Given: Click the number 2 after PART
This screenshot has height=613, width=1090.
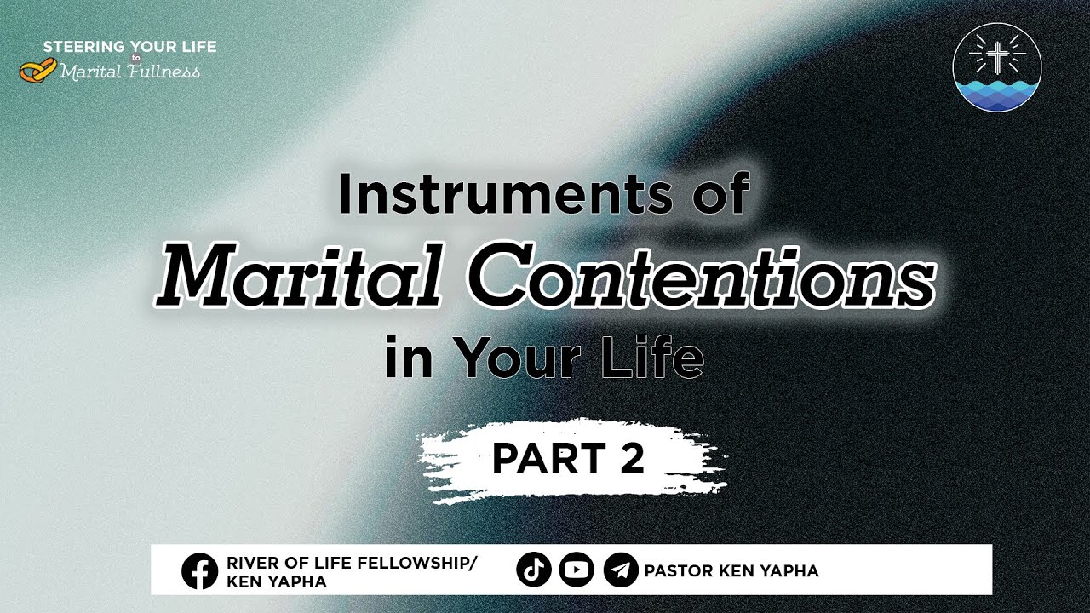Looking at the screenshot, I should coord(631,459).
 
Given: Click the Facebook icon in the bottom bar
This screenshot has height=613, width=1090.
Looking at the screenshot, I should coord(200,570).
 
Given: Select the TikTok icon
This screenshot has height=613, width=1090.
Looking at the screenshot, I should coord(534,570).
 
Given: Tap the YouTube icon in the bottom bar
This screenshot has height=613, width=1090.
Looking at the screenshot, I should coord(577,570).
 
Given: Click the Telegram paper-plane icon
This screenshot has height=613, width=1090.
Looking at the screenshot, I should coord(621,570).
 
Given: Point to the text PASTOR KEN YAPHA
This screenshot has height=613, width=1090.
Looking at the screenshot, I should coord(731,570).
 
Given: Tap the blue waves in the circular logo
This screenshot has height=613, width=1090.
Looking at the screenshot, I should coord(997,93).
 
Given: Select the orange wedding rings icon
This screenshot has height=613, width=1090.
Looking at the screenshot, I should coord(37,71).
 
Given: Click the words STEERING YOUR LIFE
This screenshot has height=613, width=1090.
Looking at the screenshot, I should coord(129,47).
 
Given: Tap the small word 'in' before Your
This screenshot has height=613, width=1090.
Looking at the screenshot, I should coord(410,359).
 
